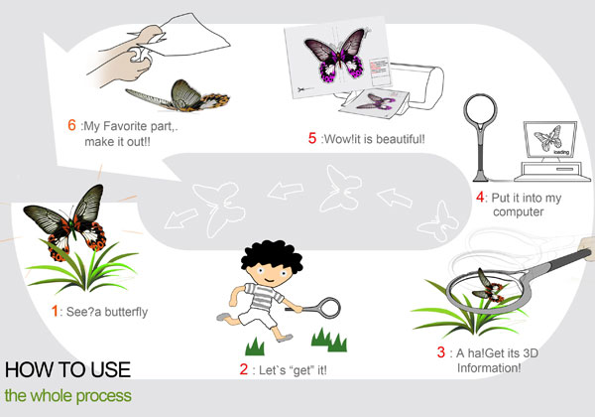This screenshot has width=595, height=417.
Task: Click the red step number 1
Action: click(x=55, y=311)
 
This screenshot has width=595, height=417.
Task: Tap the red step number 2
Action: click(x=244, y=369)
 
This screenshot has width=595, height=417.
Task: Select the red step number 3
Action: click(x=441, y=352)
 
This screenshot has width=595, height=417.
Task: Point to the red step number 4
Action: click(x=480, y=198)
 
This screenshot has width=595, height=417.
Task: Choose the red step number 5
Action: click(x=312, y=138)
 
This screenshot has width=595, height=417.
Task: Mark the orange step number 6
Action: click(x=71, y=125)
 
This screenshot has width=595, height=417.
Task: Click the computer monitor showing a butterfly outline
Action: click(x=550, y=140)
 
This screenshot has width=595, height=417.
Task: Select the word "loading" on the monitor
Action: click(x=561, y=152)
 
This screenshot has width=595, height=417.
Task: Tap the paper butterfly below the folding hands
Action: click(x=178, y=96)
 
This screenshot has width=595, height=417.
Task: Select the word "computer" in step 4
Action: click(x=519, y=211)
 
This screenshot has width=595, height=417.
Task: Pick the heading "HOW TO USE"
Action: click(x=67, y=369)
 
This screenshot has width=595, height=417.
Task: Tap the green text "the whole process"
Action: click(x=68, y=396)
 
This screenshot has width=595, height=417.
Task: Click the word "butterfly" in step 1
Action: click(x=126, y=312)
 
